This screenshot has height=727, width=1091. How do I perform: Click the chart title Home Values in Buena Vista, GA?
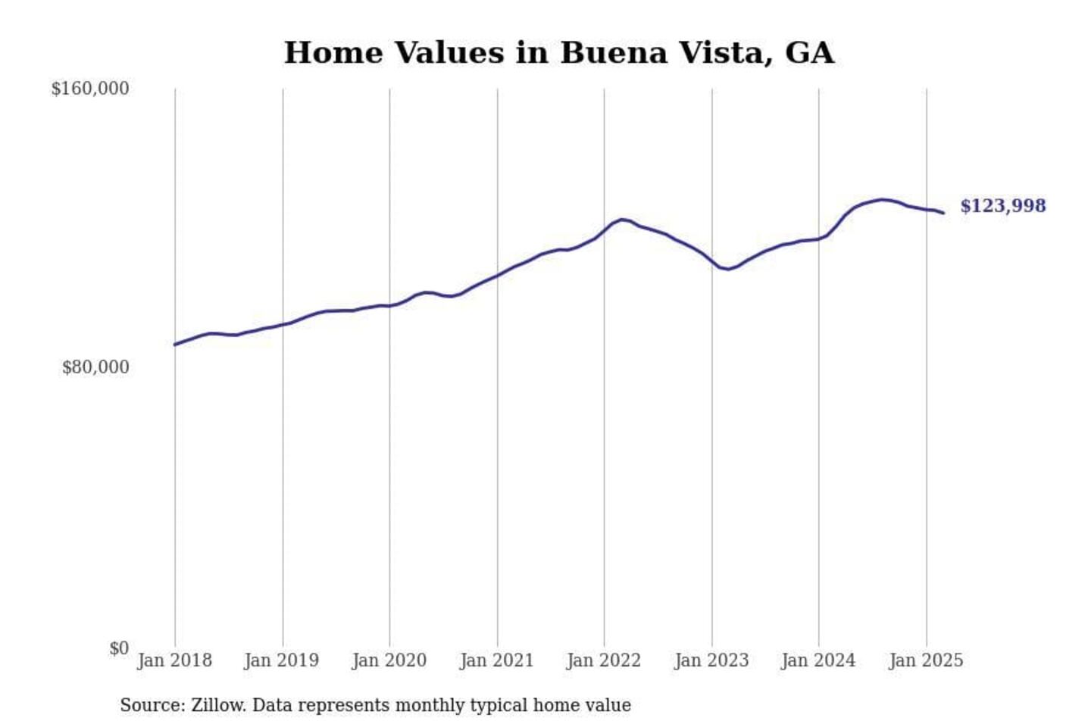click(559, 53)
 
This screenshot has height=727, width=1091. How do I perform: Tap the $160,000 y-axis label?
click(90, 89)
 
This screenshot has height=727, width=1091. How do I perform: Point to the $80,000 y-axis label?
click(95, 367)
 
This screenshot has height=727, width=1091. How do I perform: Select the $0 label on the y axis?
click(119, 648)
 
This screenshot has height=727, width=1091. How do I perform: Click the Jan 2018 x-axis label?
click(174, 660)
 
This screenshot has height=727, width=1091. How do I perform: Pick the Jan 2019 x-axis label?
click(282, 660)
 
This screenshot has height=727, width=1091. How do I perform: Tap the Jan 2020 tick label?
click(389, 660)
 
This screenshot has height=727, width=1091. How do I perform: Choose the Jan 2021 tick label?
click(497, 660)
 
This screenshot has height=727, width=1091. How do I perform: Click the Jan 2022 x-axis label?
click(604, 660)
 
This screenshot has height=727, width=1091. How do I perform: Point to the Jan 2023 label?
click(711, 660)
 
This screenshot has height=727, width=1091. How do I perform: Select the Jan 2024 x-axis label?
click(818, 660)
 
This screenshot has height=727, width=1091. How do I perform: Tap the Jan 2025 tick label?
click(926, 660)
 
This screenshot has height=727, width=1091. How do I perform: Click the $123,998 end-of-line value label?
click(1003, 206)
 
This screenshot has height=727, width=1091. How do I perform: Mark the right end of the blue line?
click(943, 213)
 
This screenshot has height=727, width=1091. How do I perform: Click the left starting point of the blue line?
click(175, 345)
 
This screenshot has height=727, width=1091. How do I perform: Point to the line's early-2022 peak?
click(622, 220)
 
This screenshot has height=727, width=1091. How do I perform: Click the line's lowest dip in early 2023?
click(727, 269)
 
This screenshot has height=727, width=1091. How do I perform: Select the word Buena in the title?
click(614, 53)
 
